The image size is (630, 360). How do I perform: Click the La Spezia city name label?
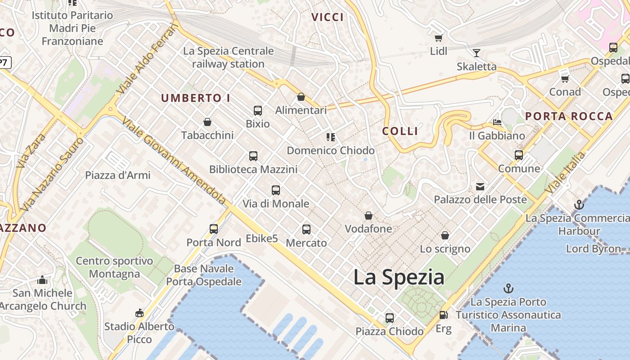tap(399, 277)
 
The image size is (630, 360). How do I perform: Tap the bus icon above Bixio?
tap(258, 111)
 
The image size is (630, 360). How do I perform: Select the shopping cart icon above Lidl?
tap(438, 38)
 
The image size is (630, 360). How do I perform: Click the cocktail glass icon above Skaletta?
tap(477, 53)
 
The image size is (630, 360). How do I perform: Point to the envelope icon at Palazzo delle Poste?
tap(480, 186)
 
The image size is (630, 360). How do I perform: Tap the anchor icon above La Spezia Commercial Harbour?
tap(579, 205)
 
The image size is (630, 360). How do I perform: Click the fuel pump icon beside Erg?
tap(443, 315)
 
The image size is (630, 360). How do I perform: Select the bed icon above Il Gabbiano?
tap(497, 122)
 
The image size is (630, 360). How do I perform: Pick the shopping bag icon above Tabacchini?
tap(207, 122)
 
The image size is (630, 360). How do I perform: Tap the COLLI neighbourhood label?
tap(400, 131)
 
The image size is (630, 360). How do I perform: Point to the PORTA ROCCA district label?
tap(569, 117)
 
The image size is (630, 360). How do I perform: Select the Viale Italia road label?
tap(565, 173)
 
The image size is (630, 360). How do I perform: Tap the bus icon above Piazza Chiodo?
tap(390, 318)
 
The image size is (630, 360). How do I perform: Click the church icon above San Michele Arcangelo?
tap(42, 280)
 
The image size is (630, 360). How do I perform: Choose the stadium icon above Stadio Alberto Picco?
tap(139, 313)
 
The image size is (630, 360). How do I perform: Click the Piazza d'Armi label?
tap(118, 175)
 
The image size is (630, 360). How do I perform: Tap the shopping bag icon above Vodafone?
tap(369, 216)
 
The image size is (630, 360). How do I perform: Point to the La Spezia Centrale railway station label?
tap(228, 58)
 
